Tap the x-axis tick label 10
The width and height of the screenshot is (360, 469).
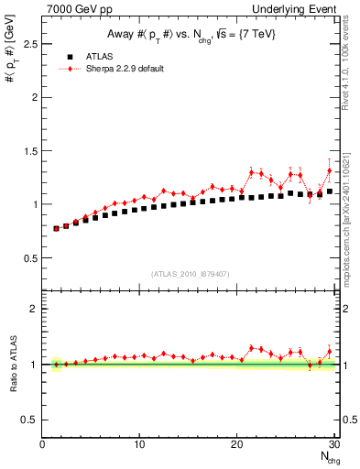point(139,445)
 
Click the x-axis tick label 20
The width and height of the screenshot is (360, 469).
point(236,445)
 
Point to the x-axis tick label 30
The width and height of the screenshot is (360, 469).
point(333,445)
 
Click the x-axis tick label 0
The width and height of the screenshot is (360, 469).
point(42,445)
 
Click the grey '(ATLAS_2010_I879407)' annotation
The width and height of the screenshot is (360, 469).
point(190,273)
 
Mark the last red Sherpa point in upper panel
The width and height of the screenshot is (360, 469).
point(330,170)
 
